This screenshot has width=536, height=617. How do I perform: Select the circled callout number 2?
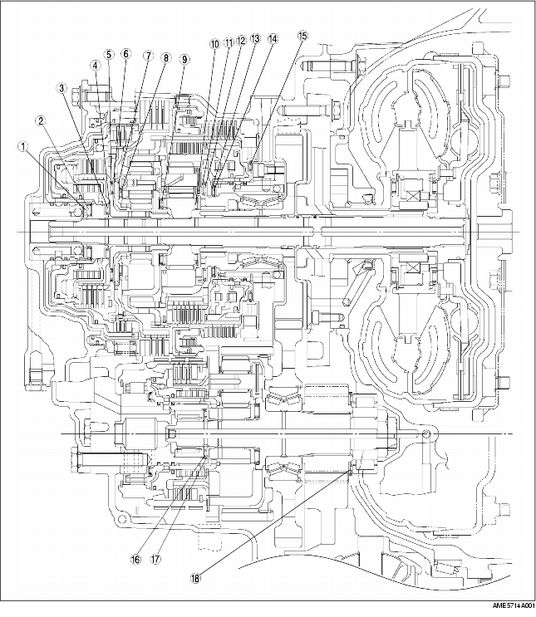click(x=39, y=120)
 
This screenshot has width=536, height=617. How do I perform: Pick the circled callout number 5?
click(x=109, y=54)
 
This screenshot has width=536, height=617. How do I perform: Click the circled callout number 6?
click(x=125, y=54)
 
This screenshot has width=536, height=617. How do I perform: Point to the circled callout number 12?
click(x=241, y=41)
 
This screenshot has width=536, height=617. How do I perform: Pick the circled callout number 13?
click(x=255, y=39)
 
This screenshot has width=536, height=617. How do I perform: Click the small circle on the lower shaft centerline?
click(x=426, y=435)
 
